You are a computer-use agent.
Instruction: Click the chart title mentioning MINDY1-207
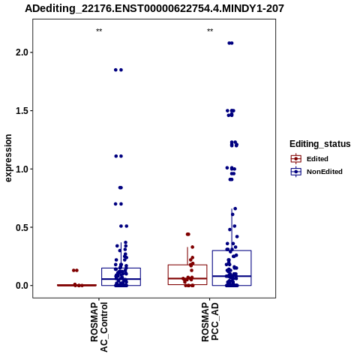(154, 8)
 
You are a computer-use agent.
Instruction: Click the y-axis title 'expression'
(8, 158)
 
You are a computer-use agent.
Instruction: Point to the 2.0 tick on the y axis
(21, 52)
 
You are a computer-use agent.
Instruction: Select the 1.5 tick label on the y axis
(21, 111)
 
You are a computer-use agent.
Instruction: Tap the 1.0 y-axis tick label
(21, 169)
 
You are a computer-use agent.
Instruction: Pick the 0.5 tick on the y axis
(21, 227)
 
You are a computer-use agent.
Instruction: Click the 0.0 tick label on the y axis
(21, 286)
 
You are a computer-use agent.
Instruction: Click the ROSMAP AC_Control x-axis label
(99, 327)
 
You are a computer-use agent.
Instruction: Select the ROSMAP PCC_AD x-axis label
(210, 322)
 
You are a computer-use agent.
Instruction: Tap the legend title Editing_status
(320, 144)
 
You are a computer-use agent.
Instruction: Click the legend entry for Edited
(310, 159)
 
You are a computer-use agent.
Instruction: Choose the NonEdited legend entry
(316, 172)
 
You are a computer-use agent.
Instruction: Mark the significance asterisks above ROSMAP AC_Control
(99, 31)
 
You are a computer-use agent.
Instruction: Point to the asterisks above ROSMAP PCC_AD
(210, 31)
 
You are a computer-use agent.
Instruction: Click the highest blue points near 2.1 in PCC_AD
(230, 43)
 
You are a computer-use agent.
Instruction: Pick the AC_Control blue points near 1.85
(118, 70)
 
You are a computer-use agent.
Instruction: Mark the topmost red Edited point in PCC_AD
(188, 234)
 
